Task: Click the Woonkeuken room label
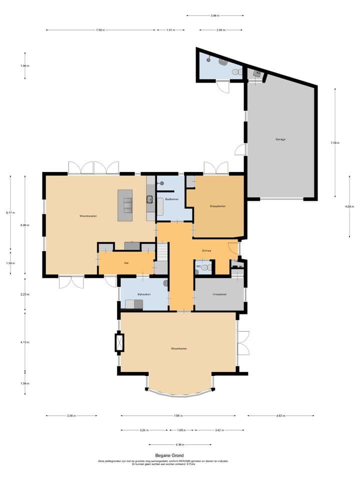87,216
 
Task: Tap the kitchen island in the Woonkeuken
125,205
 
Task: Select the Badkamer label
171,199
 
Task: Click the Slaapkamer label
217,205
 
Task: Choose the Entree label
206,250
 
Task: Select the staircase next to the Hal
162,257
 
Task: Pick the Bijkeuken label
143,294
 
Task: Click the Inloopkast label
219,294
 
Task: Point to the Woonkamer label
178,348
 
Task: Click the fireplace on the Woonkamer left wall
119,342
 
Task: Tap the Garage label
280,139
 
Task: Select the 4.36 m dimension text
179,444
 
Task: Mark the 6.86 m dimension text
24,225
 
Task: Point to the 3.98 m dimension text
214,15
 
